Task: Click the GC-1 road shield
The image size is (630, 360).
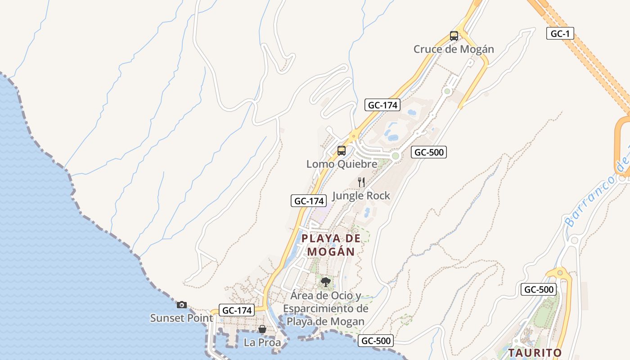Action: [560, 33]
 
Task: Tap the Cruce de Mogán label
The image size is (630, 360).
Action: [454, 49]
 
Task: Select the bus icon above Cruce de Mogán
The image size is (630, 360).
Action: [454, 36]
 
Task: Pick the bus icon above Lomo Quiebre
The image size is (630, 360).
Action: [342, 151]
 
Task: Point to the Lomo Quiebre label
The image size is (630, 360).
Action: [342, 164]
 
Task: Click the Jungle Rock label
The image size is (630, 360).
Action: [361, 196]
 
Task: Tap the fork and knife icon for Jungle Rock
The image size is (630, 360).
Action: [361, 182]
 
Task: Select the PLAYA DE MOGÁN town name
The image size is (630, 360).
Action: [331, 245]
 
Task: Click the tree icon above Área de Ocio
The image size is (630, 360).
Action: [325, 282]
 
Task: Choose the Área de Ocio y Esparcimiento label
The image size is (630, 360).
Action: [325, 309]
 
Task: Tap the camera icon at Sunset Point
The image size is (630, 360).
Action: [181, 305]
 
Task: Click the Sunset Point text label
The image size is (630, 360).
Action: [181, 318]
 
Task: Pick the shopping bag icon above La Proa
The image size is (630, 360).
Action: [262, 329]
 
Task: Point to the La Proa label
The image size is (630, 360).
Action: [262, 342]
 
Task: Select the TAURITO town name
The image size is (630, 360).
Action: [535, 352]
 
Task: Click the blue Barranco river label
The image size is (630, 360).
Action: [596, 193]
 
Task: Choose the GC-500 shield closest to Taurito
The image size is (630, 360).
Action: [538, 289]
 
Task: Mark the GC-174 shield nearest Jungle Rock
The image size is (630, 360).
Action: [308, 201]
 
